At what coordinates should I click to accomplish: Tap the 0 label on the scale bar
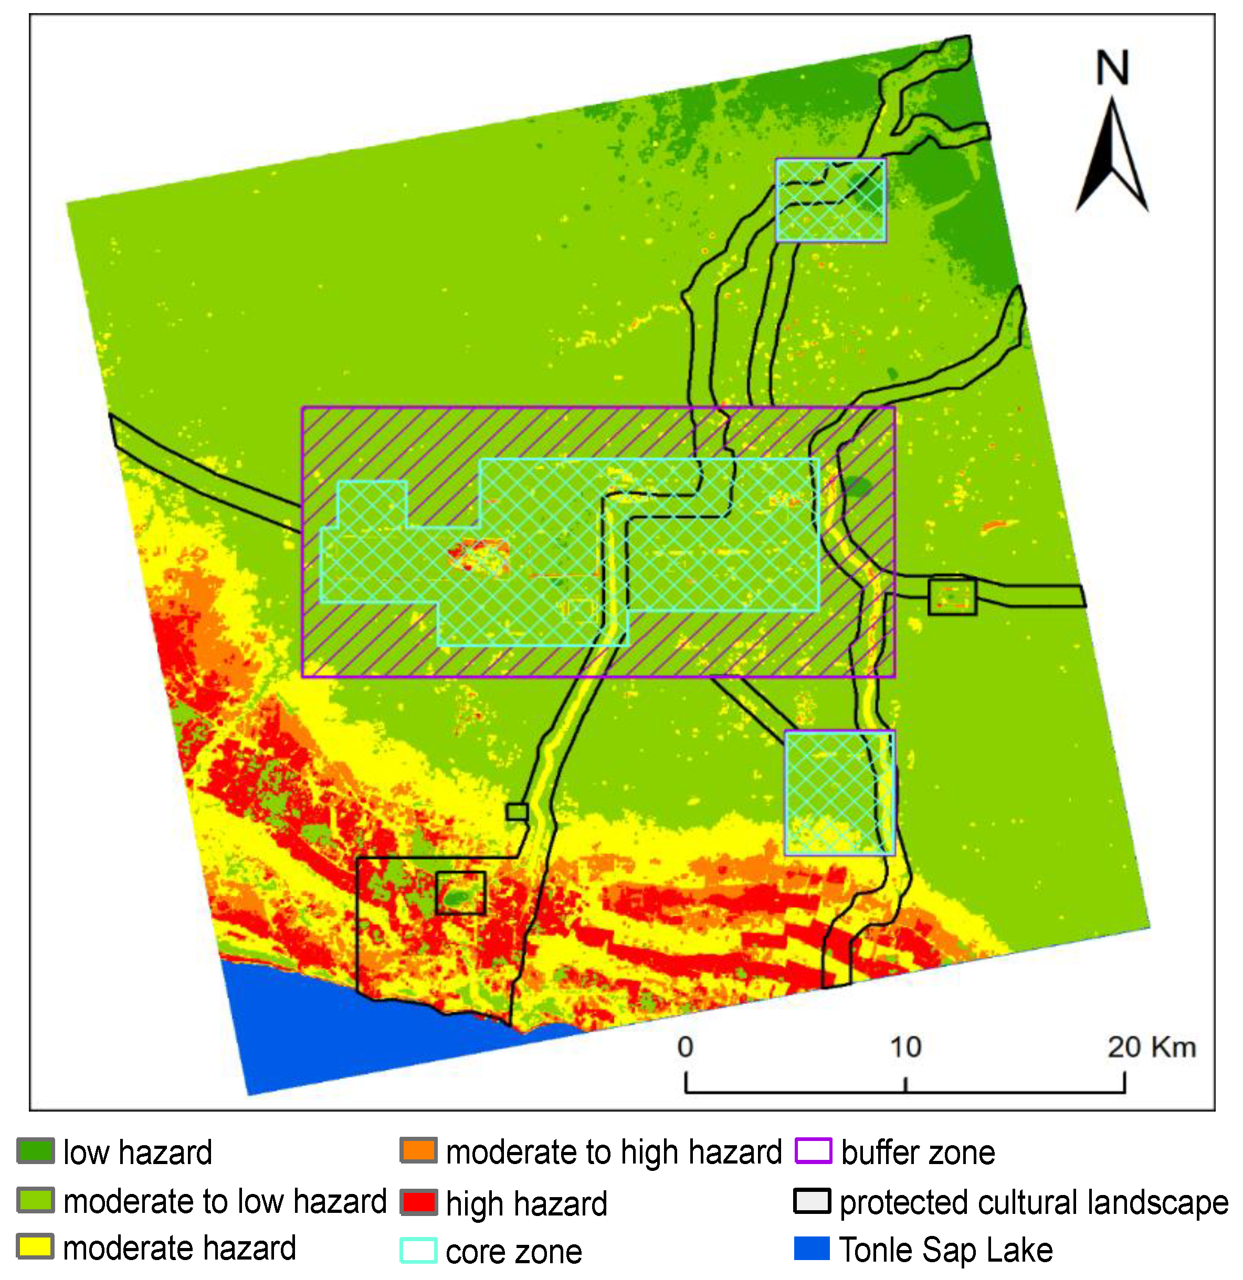(685, 1047)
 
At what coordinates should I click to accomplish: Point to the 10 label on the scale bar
(905, 1047)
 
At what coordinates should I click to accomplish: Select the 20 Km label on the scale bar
(1152, 1047)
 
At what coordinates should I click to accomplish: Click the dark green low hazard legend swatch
(35, 1151)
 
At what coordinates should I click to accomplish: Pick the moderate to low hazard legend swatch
(35, 1200)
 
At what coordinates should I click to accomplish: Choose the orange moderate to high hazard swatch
(418, 1151)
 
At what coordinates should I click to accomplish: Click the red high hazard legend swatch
(418, 1202)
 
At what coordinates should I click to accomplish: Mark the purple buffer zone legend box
(813, 1151)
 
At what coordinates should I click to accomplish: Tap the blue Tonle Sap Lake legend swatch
(813, 1248)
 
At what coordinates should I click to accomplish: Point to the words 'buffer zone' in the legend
(918, 1153)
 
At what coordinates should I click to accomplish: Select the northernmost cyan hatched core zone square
(830, 200)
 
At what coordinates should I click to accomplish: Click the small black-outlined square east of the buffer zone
(952, 595)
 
